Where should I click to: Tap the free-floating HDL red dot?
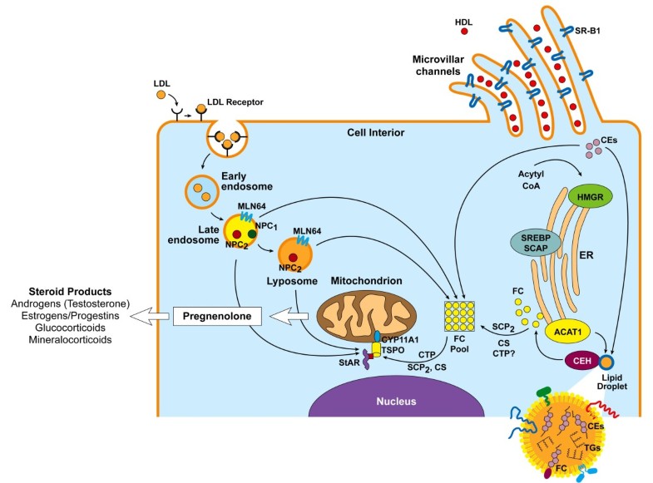[x=463, y=32]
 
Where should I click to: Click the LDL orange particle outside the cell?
[x=161, y=95]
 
